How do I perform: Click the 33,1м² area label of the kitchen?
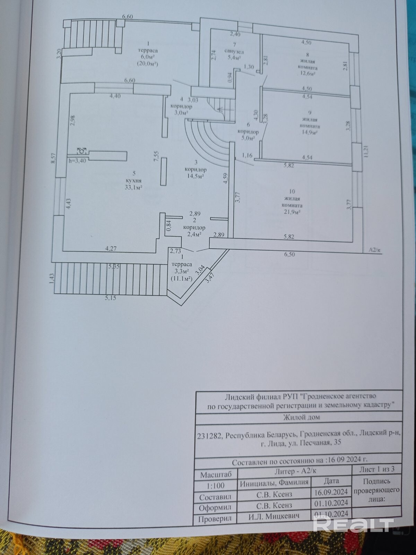(133, 187)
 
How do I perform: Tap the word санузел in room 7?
(234, 51)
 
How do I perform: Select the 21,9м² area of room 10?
(292, 212)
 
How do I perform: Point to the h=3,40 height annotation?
(77, 161)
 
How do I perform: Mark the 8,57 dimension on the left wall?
(53, 159)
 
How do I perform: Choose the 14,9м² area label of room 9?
(309, 133)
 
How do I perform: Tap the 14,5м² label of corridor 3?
(196, 176)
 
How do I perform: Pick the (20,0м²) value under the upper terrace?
(148, 64)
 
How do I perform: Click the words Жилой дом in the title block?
(301, 417)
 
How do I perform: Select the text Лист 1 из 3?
(377, 469)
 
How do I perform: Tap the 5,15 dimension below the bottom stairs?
(110, 298)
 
